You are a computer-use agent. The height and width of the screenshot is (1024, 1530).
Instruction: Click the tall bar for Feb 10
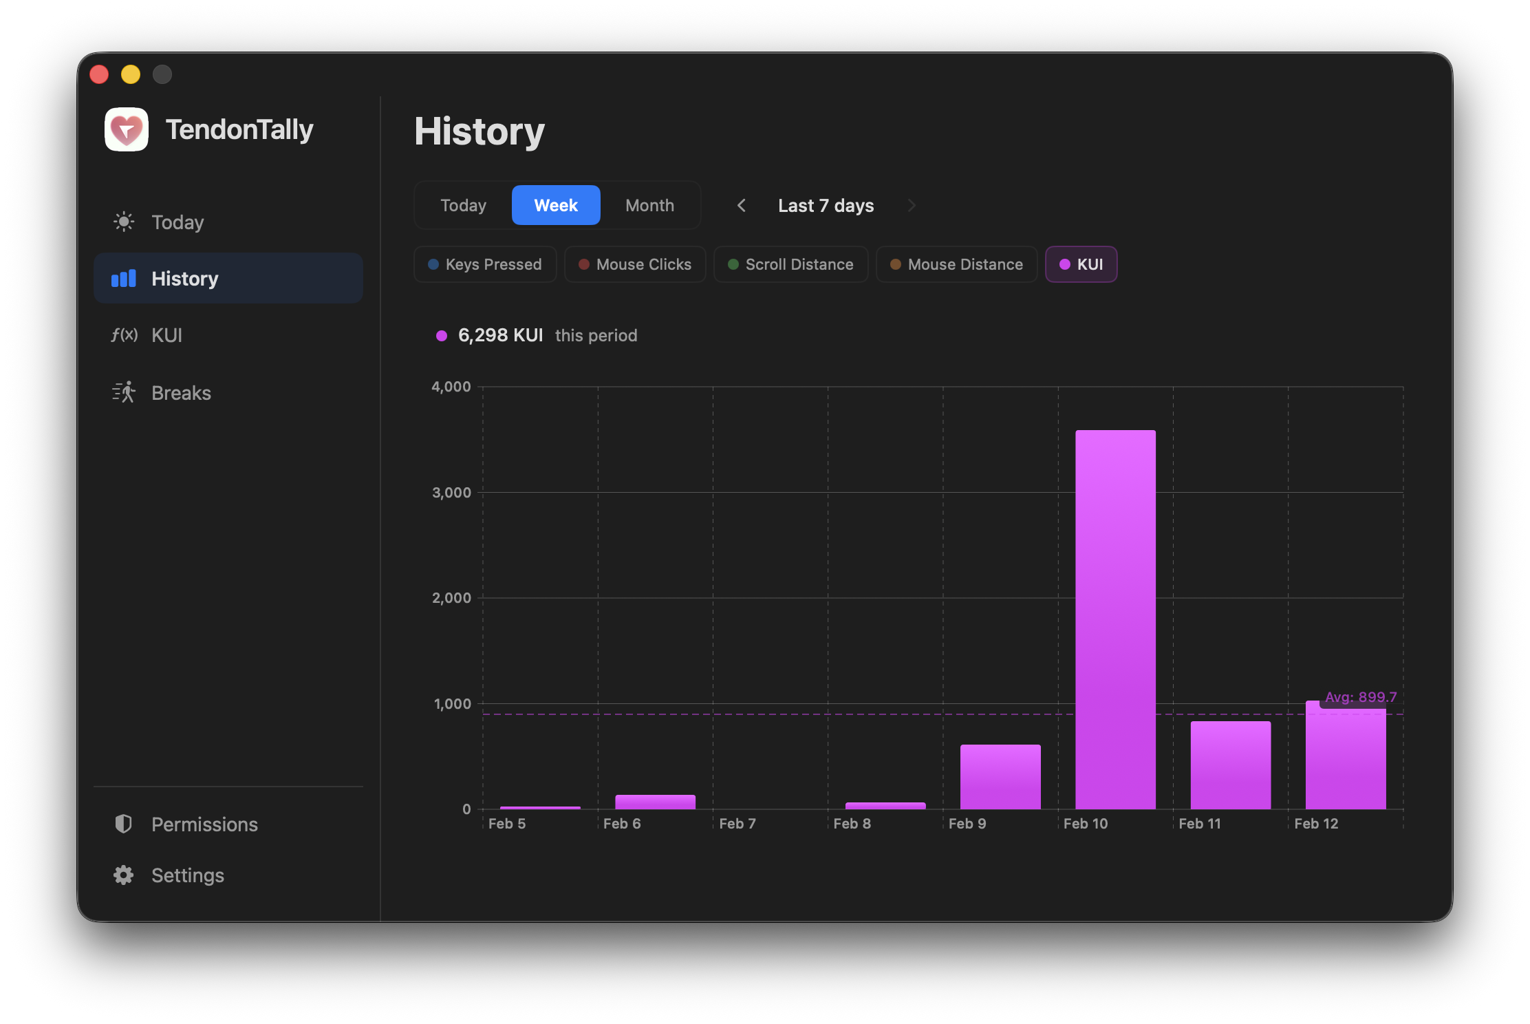[x=1115, y=619]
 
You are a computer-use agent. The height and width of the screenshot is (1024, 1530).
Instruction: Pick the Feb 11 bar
[x=1230, y=765]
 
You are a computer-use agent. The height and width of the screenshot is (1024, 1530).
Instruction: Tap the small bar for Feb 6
[x=655, y=802]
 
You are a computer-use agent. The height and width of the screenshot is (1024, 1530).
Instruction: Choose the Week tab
[x=556, y=205]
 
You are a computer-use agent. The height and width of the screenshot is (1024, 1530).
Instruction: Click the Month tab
[x=649, y=205]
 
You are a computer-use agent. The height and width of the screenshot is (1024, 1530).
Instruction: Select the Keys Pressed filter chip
[x=485, y=264]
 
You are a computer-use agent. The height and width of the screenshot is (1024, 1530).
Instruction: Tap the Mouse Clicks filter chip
[x=635, y=264]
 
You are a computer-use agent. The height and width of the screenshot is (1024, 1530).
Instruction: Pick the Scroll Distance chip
[x=790, y=264]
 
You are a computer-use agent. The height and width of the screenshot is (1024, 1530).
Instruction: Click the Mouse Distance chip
[x=956, y=264]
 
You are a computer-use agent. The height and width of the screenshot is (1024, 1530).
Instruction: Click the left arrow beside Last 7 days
[x=741, y=205]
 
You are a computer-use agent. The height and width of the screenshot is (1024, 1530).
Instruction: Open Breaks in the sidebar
[x=181, y=393]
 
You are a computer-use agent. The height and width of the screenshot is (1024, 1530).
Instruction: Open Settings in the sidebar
[x=187, y=875]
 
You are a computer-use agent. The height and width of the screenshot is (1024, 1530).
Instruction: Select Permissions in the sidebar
[x=204, y=824]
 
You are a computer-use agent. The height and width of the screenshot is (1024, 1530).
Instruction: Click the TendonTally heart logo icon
[x=127, y=129]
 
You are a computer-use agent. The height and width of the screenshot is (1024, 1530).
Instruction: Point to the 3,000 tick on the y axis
[x=451, y=493]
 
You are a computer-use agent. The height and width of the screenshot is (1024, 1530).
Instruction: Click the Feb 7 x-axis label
[x=737, y=824]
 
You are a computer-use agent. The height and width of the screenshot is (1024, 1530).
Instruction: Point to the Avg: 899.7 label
[x=1360, y=697]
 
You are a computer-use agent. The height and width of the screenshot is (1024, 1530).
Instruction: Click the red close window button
[x=99, y=74]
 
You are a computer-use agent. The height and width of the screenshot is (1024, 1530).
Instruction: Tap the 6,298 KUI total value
[x=500, y=335]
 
